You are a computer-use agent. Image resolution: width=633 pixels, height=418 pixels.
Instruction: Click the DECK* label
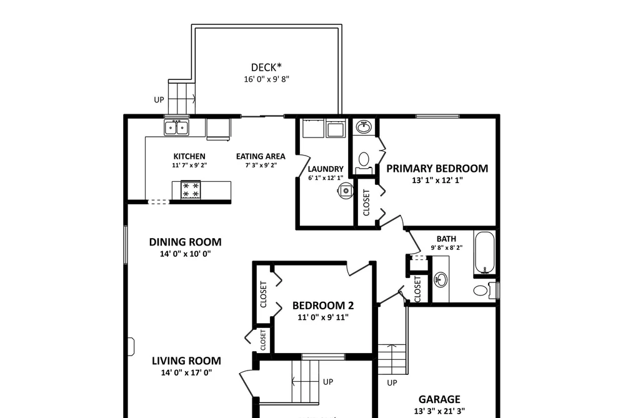pos(266,67)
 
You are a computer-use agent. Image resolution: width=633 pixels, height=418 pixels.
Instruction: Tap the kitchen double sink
pos(176,127)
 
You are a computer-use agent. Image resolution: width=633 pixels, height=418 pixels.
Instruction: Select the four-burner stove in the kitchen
pos(191,190)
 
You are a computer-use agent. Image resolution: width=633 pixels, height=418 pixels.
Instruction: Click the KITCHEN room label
pos(189,156)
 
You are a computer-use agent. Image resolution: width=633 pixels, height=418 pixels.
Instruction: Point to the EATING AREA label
pos(261,156)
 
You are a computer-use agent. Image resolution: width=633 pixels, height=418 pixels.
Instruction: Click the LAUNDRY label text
pos(326,169)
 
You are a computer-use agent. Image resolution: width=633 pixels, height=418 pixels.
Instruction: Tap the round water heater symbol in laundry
pos(346,191)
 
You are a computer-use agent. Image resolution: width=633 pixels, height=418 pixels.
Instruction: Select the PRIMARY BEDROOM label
pos(437,168)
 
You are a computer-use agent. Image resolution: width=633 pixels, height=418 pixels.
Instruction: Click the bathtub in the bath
pos(484,253)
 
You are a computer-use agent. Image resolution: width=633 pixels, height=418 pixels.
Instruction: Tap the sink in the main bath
pos(441,279)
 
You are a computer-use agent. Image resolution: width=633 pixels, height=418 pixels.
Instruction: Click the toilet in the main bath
pos(486,290)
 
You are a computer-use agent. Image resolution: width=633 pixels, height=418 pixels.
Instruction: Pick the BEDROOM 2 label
pos(323,306)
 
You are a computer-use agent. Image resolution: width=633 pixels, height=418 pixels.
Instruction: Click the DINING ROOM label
pos(186,242)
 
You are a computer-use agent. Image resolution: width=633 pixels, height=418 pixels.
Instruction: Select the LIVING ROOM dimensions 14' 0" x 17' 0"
pos(186,372)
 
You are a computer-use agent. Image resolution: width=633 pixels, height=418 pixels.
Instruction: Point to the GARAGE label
pos(439,399)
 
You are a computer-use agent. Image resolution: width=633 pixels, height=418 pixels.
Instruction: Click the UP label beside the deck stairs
pos(159,99)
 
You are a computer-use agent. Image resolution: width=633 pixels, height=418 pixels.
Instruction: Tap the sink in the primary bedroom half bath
pos(364,127)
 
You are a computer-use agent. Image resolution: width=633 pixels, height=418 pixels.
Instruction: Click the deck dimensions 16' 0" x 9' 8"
pos(266,79)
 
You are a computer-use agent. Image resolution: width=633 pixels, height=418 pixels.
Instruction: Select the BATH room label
pos(446,239)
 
